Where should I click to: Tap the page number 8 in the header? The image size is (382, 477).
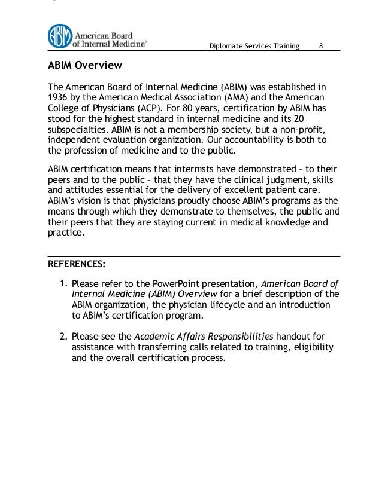pyautogui.click(x=322, y=47)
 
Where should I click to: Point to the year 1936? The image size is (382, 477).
pyautogui.click(x=58, y=97)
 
